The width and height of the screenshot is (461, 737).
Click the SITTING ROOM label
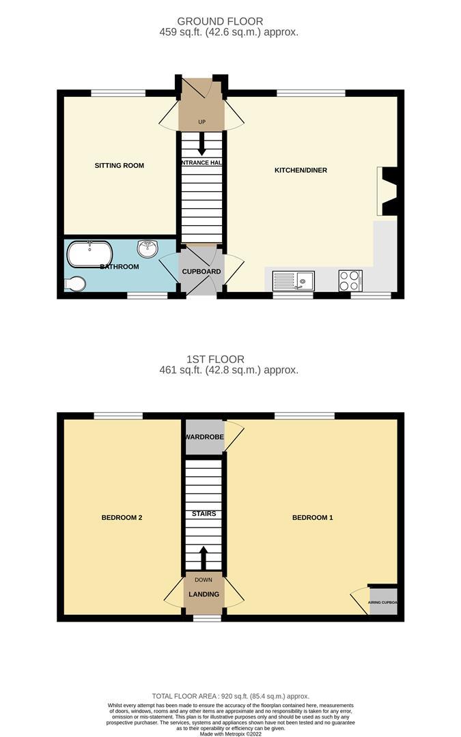119,165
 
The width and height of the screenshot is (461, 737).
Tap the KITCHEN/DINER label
301,170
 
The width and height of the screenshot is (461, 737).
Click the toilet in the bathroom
74,284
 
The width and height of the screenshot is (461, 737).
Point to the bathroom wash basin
148,248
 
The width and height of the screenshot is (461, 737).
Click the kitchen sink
294,280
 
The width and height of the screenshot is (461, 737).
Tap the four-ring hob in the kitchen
350,280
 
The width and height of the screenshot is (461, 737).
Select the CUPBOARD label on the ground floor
201,272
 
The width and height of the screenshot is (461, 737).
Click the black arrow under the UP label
202,145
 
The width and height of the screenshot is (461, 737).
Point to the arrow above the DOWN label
202,556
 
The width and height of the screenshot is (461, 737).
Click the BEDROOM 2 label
122,517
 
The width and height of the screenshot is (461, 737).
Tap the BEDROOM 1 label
313,517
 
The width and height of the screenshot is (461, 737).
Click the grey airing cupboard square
383,602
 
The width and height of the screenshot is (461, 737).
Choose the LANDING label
204,594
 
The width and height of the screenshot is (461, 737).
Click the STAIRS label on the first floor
203,513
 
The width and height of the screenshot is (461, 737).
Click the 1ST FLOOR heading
215,359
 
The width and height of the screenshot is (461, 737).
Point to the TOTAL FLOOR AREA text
229,695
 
